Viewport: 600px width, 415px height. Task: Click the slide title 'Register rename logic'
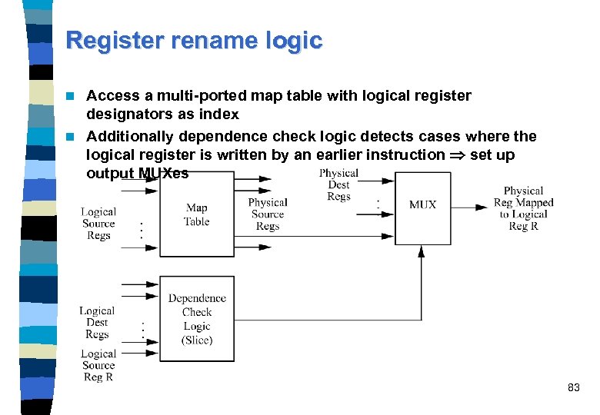pyautogui.click(x=194, y=40)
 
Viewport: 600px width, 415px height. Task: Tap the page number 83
pyautogui.click(x=573, y=388)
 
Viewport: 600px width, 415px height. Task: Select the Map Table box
pyautogui.click(x=196, y=214)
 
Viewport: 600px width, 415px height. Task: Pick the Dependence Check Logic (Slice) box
pyautogui.click(x=197, y=318)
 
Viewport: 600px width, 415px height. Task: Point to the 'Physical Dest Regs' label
pyautogui.click(x=338, y=185)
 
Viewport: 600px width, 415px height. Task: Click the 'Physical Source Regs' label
pyautogui.click(x=268, y=214)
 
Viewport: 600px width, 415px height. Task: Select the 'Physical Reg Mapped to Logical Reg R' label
pyautogui.click(x=524, y=208)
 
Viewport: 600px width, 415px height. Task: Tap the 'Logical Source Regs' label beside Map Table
pyautogui.click(x=98, y=224)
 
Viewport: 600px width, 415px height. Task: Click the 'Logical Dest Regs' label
pyautogui.click(x=97, y=323)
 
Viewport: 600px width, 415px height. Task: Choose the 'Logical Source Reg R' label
pyautogui.click(x=98, y=365)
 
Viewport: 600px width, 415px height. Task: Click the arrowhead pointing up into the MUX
pyautogui.click(x=422, y=250)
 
